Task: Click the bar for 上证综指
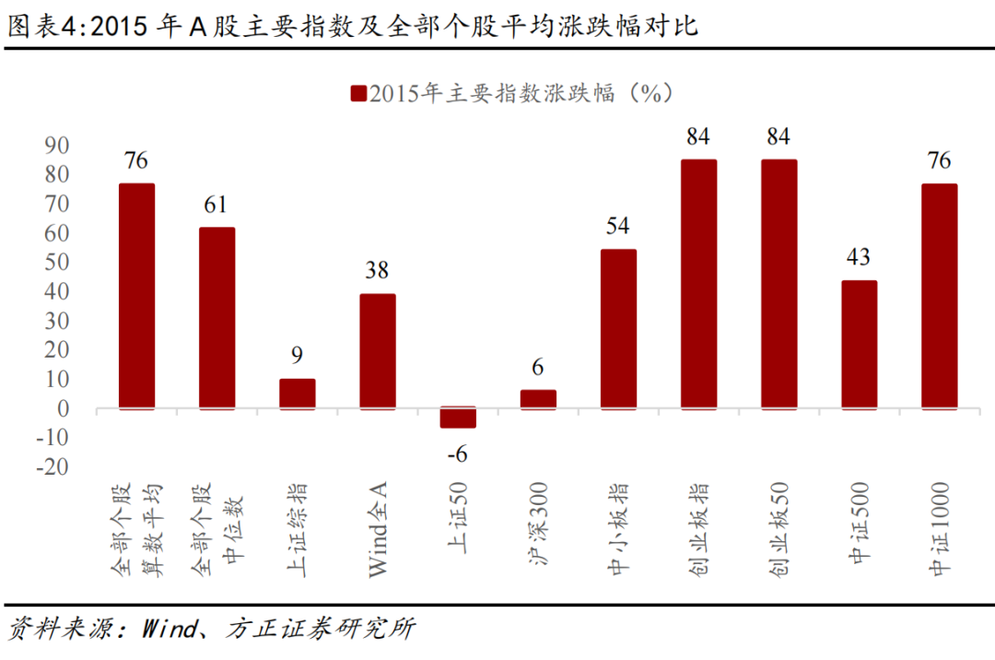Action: [x=297, y=394]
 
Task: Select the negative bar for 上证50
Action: [x=458, y=418]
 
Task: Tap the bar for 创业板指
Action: [x=698, y=284]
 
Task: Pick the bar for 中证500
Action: [x=859, y=345]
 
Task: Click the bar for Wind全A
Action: [x=378, y=351]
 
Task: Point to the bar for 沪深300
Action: [x=538, y=399]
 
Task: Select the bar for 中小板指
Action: [x=618, y=329]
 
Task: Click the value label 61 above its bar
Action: [x=217, y=205]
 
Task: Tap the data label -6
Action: [x=457, y=454]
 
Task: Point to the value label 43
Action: [x=859, y=257]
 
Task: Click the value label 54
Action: [x=618, y=227]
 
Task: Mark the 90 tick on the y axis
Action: [x=57, y=145]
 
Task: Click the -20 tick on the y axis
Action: [x=53, y=467]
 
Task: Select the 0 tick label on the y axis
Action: [x=64, y=408]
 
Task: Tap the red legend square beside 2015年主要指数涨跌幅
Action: [x=357, y=93]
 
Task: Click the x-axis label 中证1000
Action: [x=940, y=530]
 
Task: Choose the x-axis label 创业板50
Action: [x=778, y=530]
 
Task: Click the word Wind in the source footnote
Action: [x=171, y=630]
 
